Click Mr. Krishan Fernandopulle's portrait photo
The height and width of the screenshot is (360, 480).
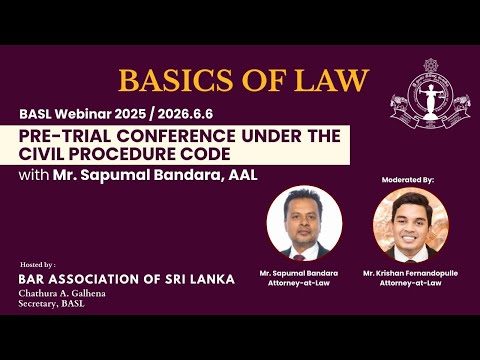pyautogui.click(x=411, y=223)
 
